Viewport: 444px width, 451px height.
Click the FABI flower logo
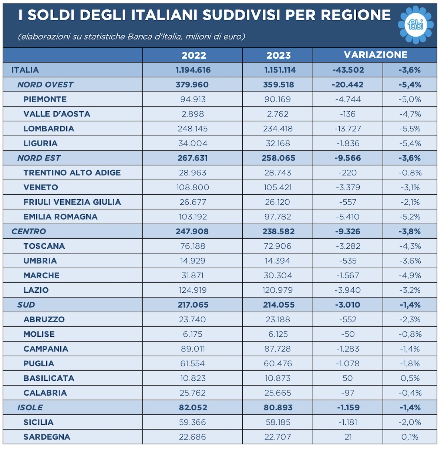(x=416, y=24)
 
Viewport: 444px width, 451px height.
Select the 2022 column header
(x=194, y=55)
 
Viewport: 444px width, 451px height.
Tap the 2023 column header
(x=278, y=55)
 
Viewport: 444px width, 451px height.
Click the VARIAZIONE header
(x=375, y=55)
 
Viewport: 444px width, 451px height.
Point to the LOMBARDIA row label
(x=49, y=129)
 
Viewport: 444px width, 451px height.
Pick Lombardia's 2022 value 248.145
(x=192, y=129)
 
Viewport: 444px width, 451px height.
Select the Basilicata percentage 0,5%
(x=410, y=378)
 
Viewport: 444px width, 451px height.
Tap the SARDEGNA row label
(x=47, y=437)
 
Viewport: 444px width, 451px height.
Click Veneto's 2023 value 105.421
(x=277, y=187)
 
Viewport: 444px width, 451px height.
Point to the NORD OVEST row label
(x=45, y=85)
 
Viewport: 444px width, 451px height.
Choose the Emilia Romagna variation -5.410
(x=348, y=217)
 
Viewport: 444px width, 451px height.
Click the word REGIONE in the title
(x=356, y=15)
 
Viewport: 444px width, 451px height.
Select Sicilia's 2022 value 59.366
(x=192, y=422)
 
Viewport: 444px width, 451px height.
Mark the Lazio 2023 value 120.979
(x=277, y=290)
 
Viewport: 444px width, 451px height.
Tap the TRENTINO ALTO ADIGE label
(x=72, y=173)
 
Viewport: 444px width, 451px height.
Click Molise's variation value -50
(x=348, y=334)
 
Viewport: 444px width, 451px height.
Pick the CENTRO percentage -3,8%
(x=410, y=231)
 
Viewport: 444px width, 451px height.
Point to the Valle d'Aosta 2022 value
(x=192, y=114)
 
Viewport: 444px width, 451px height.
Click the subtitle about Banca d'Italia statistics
(x=131, y=37)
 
